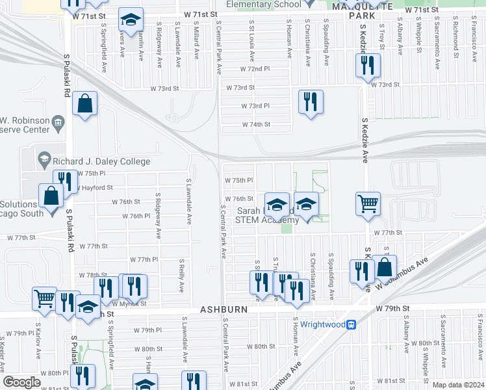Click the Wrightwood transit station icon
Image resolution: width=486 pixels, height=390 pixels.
[351, 324]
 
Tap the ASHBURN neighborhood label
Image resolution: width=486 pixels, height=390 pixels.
[224, 310]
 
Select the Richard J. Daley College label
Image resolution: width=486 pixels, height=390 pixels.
[103, 161]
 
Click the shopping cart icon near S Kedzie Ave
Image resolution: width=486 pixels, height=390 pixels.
[368, 203]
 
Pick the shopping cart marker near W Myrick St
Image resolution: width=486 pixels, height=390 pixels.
[44, 298]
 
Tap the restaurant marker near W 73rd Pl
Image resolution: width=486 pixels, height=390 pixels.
[311, 101]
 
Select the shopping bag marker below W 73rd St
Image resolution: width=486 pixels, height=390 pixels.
[85, 103]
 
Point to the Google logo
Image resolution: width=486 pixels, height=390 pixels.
[21, 382]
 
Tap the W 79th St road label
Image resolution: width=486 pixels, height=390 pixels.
[390, 309]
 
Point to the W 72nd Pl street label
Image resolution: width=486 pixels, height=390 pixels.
[254, 68]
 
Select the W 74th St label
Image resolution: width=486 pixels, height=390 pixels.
[255, 124]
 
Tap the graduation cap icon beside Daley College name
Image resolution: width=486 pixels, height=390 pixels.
[45, 158]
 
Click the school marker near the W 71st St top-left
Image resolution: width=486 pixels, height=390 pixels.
[131, 21]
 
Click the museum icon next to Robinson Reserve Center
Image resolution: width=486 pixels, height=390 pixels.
[57, 122]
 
